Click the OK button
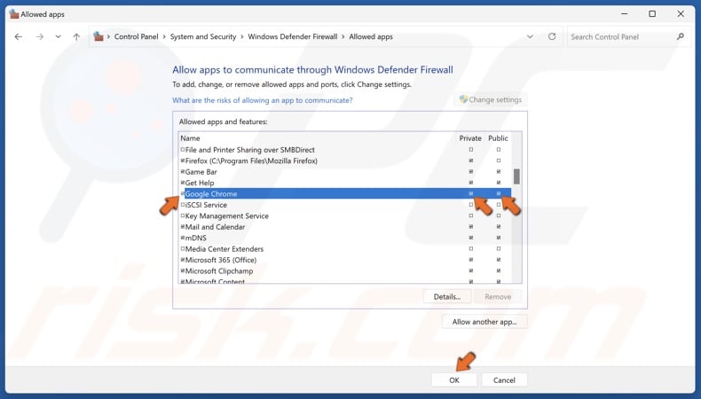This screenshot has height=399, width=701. coord(453,379)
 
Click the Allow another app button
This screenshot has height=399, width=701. coord(484,322)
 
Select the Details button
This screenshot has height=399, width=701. coord(446,296)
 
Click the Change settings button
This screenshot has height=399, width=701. coord(492,100)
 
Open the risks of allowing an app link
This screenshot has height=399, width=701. coord(262,100)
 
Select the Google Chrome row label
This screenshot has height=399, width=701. coord(211,193)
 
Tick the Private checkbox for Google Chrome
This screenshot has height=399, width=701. coord(471,193)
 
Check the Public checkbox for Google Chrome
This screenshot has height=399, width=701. coord(499,193)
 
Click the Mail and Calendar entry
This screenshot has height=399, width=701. coord(214,227)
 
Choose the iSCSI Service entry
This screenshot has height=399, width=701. coord(206,205)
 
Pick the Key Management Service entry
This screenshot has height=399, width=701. coord(226,215)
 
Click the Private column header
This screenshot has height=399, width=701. coord(470,138)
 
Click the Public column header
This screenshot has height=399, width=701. coord(498,138)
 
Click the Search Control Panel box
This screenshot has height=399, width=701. coord(621,37)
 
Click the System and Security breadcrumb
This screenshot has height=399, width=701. coord(203,37)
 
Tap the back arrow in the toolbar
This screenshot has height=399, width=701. coord(19,37)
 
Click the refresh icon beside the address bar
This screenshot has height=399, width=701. coord(552,37)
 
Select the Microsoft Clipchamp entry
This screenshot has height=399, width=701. coord(218,271)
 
